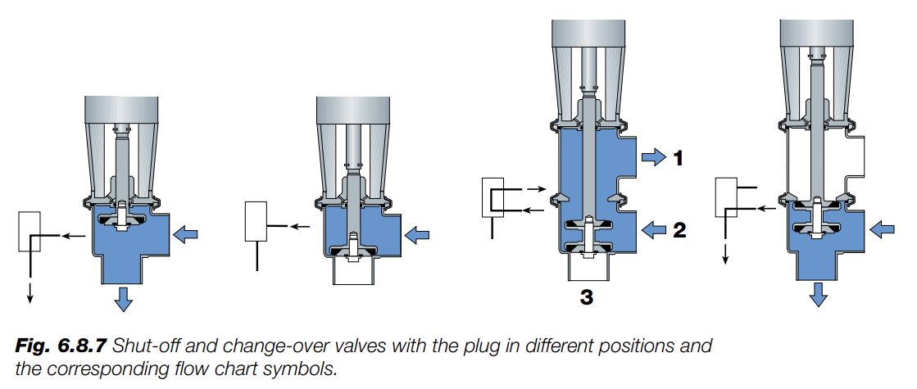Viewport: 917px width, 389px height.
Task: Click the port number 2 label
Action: (679, 231)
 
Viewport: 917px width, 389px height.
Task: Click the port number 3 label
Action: (586, 297)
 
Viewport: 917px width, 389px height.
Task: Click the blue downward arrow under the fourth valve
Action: (817, 295)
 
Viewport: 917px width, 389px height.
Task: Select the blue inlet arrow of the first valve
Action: (187, 236)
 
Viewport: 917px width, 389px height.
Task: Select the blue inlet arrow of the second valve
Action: (418, 236)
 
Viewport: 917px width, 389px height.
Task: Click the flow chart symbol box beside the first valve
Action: (29, 231)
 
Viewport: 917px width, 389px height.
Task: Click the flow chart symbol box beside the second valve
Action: (257, 221)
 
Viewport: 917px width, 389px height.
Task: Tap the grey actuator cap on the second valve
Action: (353, 111)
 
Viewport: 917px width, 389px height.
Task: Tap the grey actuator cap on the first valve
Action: (121, 111)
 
